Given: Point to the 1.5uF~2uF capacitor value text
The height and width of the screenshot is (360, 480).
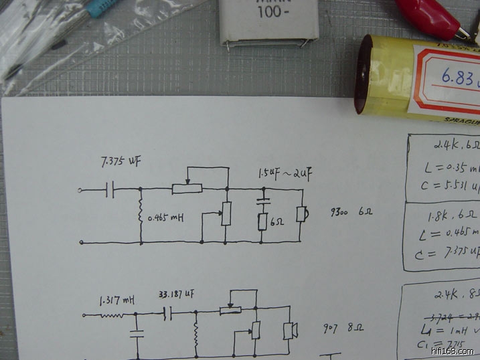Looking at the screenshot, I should click(x=286, y=175).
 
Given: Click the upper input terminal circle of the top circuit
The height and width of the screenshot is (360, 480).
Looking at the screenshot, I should click(x=82, y=191).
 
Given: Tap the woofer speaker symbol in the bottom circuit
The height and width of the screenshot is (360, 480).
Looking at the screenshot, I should click(x=290, y=331).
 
